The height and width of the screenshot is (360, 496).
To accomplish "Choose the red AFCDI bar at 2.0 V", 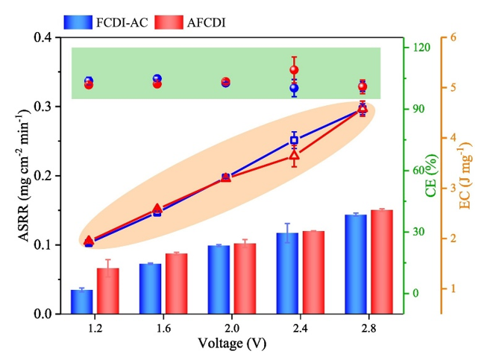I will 245,278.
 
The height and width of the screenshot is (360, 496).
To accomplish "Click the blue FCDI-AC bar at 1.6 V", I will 150,288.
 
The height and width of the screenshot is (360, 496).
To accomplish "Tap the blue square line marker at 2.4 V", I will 294,140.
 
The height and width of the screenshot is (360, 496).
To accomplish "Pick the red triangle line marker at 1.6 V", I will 157,209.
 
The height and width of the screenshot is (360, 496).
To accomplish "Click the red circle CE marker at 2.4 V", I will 294,70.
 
